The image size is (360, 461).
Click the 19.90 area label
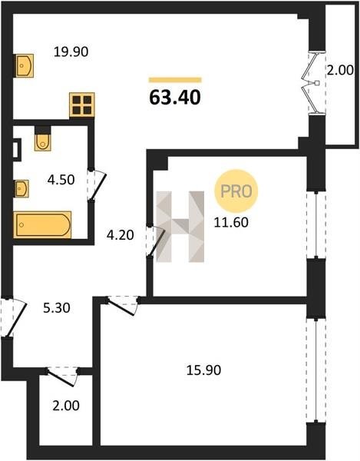tap(71, 52)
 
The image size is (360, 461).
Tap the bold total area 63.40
tap(175, 98)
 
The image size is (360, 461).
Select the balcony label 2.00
tap(340, 71)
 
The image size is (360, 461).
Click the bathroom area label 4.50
tap(61, 180)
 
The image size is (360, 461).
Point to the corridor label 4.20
tap(120, 235)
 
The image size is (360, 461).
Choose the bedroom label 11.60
tap(231, 222)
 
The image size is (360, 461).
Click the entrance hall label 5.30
tap(57, 308)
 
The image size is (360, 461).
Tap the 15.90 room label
tap(203, 370)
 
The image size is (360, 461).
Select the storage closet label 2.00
tap(66, 406)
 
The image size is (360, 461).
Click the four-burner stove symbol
tap(82, 105)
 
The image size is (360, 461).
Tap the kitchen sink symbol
tap(24, 65)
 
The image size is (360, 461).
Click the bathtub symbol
tap(42, 224)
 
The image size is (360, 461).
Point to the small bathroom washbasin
tap(21, 188)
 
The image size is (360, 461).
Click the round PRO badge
tap(236, 191)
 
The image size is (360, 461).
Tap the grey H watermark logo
tap(180, 227)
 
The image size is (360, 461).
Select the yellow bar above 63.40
tap(175, 80)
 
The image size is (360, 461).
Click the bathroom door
tap(97, 187)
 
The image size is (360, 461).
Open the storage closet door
tap(61, 377)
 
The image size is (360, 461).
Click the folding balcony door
tap(311, 83)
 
